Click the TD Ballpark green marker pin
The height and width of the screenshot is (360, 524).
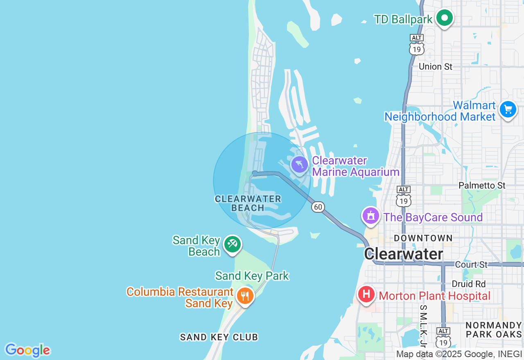[x=444, y=18]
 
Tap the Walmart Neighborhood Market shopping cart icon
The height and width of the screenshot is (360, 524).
[x=508, y=110]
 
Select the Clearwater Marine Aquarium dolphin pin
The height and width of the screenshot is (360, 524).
[x=300, y=165]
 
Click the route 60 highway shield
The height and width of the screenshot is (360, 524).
[x=318, y=207]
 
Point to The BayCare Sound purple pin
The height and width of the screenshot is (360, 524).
[x=371, y=215]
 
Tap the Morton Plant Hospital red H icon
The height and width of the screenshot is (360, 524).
[x=366, y=294]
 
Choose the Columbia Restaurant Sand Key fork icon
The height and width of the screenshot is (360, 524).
[x=245, y=295]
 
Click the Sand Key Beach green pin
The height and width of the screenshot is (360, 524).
[x=233, y=245]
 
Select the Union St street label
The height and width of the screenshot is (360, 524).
[x=436, y=66]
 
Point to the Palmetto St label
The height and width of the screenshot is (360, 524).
[x=482, y=185]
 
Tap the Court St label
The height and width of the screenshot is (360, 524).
[x=472, y=265]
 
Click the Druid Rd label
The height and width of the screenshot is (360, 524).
[x=468, y=284]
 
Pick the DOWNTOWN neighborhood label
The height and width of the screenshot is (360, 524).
[x=423, y=238]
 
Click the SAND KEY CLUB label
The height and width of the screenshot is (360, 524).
[x=219, y=337]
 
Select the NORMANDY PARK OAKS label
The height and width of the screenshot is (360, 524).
[x=494, y=330]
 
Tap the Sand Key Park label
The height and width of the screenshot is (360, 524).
[x=252, y=276]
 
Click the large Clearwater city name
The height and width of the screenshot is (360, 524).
[x=404, y=254]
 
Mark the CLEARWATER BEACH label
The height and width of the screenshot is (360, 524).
[x=248, y=203]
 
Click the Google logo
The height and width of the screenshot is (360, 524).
[x=27, y=350]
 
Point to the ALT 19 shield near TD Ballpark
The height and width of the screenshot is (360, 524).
[x=417, y=45]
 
